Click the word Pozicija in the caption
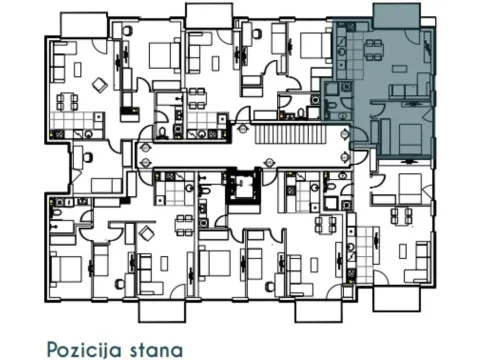(x=82, y=349)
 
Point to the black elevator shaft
(x=240, y=187)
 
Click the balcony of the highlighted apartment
(x=398, y=14)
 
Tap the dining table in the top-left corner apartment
(x=68, y=100)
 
